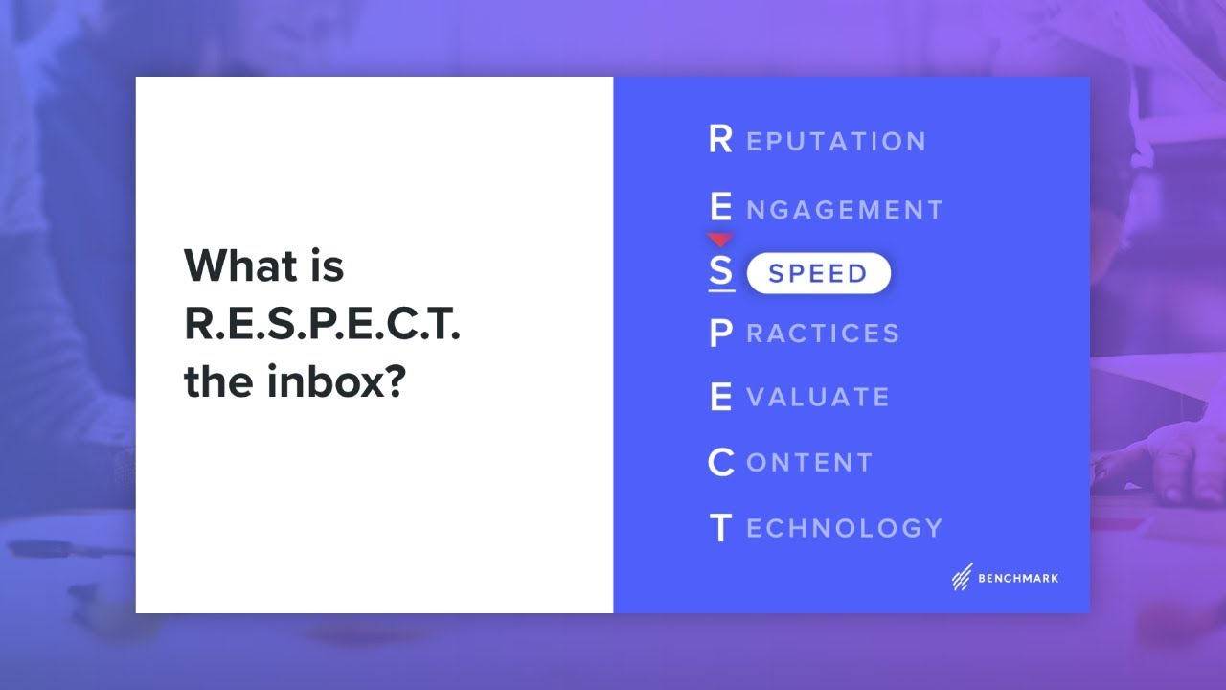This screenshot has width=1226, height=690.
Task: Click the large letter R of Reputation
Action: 720,140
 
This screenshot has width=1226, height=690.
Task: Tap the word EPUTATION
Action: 836,142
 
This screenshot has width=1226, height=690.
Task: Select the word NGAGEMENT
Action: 845,210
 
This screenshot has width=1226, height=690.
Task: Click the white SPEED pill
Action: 818,274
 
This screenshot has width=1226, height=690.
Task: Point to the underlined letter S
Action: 721,272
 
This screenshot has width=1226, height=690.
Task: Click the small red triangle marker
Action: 720,239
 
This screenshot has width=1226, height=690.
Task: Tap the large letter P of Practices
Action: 721,333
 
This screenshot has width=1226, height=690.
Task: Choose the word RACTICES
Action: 823,333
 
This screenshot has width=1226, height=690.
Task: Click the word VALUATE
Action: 818,398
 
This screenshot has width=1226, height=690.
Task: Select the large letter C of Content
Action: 721,463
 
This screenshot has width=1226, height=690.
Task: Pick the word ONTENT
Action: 809,463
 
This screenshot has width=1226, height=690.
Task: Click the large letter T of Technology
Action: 721,528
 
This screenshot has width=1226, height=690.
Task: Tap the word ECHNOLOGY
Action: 845,528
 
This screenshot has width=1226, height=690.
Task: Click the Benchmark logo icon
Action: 962,577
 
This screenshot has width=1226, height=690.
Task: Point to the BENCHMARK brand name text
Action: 1018,578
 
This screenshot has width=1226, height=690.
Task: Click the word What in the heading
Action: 239,264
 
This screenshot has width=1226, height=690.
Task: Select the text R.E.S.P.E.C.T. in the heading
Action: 322,325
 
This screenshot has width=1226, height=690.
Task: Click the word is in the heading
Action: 326,264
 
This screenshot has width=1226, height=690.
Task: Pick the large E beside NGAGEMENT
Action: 721,208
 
